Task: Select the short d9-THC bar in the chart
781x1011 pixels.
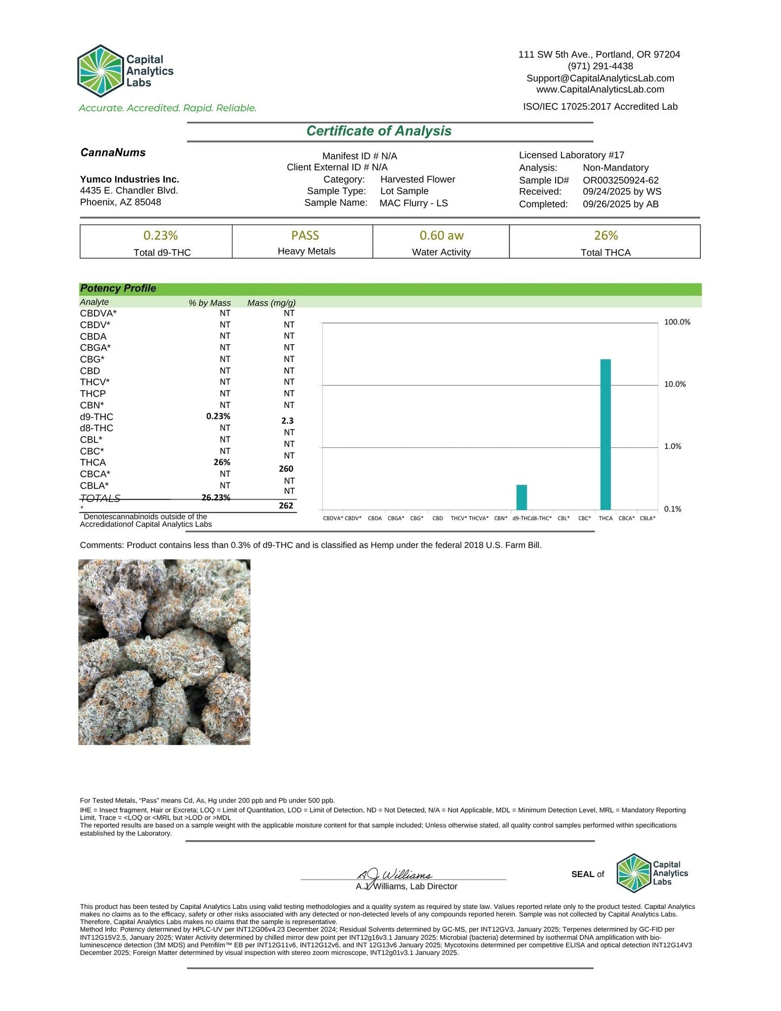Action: click(522, 497)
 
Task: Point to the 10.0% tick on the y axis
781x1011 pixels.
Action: click(675, 384)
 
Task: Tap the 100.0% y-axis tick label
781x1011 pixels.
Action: click(677, 322)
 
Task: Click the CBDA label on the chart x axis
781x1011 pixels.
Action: click(375, 518)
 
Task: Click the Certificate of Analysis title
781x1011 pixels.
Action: click(379, 131)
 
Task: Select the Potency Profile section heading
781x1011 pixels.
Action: click(118, 289)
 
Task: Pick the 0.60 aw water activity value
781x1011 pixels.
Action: click(442, 236)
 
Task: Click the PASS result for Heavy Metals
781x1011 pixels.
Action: click(305, 236)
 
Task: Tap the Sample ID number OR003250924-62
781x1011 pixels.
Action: click(620, 180)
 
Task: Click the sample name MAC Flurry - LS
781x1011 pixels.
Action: click(413, 203)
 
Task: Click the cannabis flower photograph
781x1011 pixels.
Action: click(164, 652)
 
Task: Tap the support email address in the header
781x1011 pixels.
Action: click(600, 78)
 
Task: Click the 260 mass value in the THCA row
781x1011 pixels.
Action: click(286, 469)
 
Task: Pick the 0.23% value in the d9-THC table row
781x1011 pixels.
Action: click(218, 417)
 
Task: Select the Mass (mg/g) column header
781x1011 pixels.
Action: click(271, 303)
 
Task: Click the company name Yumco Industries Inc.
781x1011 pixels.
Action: click(130, 179)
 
